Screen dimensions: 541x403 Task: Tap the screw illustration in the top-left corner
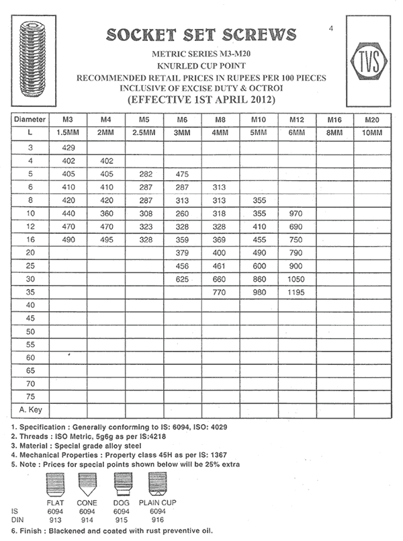(32, 65)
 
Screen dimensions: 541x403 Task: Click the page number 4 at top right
(332, 28)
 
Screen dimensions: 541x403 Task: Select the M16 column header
(334, 119)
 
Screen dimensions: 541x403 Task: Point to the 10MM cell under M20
(373, 132)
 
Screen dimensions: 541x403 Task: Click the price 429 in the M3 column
(68, 146)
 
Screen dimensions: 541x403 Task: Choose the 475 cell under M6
(183, 173)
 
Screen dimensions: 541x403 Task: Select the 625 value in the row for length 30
(183, 280)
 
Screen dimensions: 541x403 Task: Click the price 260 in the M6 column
(183, 213)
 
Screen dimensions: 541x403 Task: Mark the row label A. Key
(31, 409)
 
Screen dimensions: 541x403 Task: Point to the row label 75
(31, 397)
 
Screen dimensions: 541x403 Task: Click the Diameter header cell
(31, 119)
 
